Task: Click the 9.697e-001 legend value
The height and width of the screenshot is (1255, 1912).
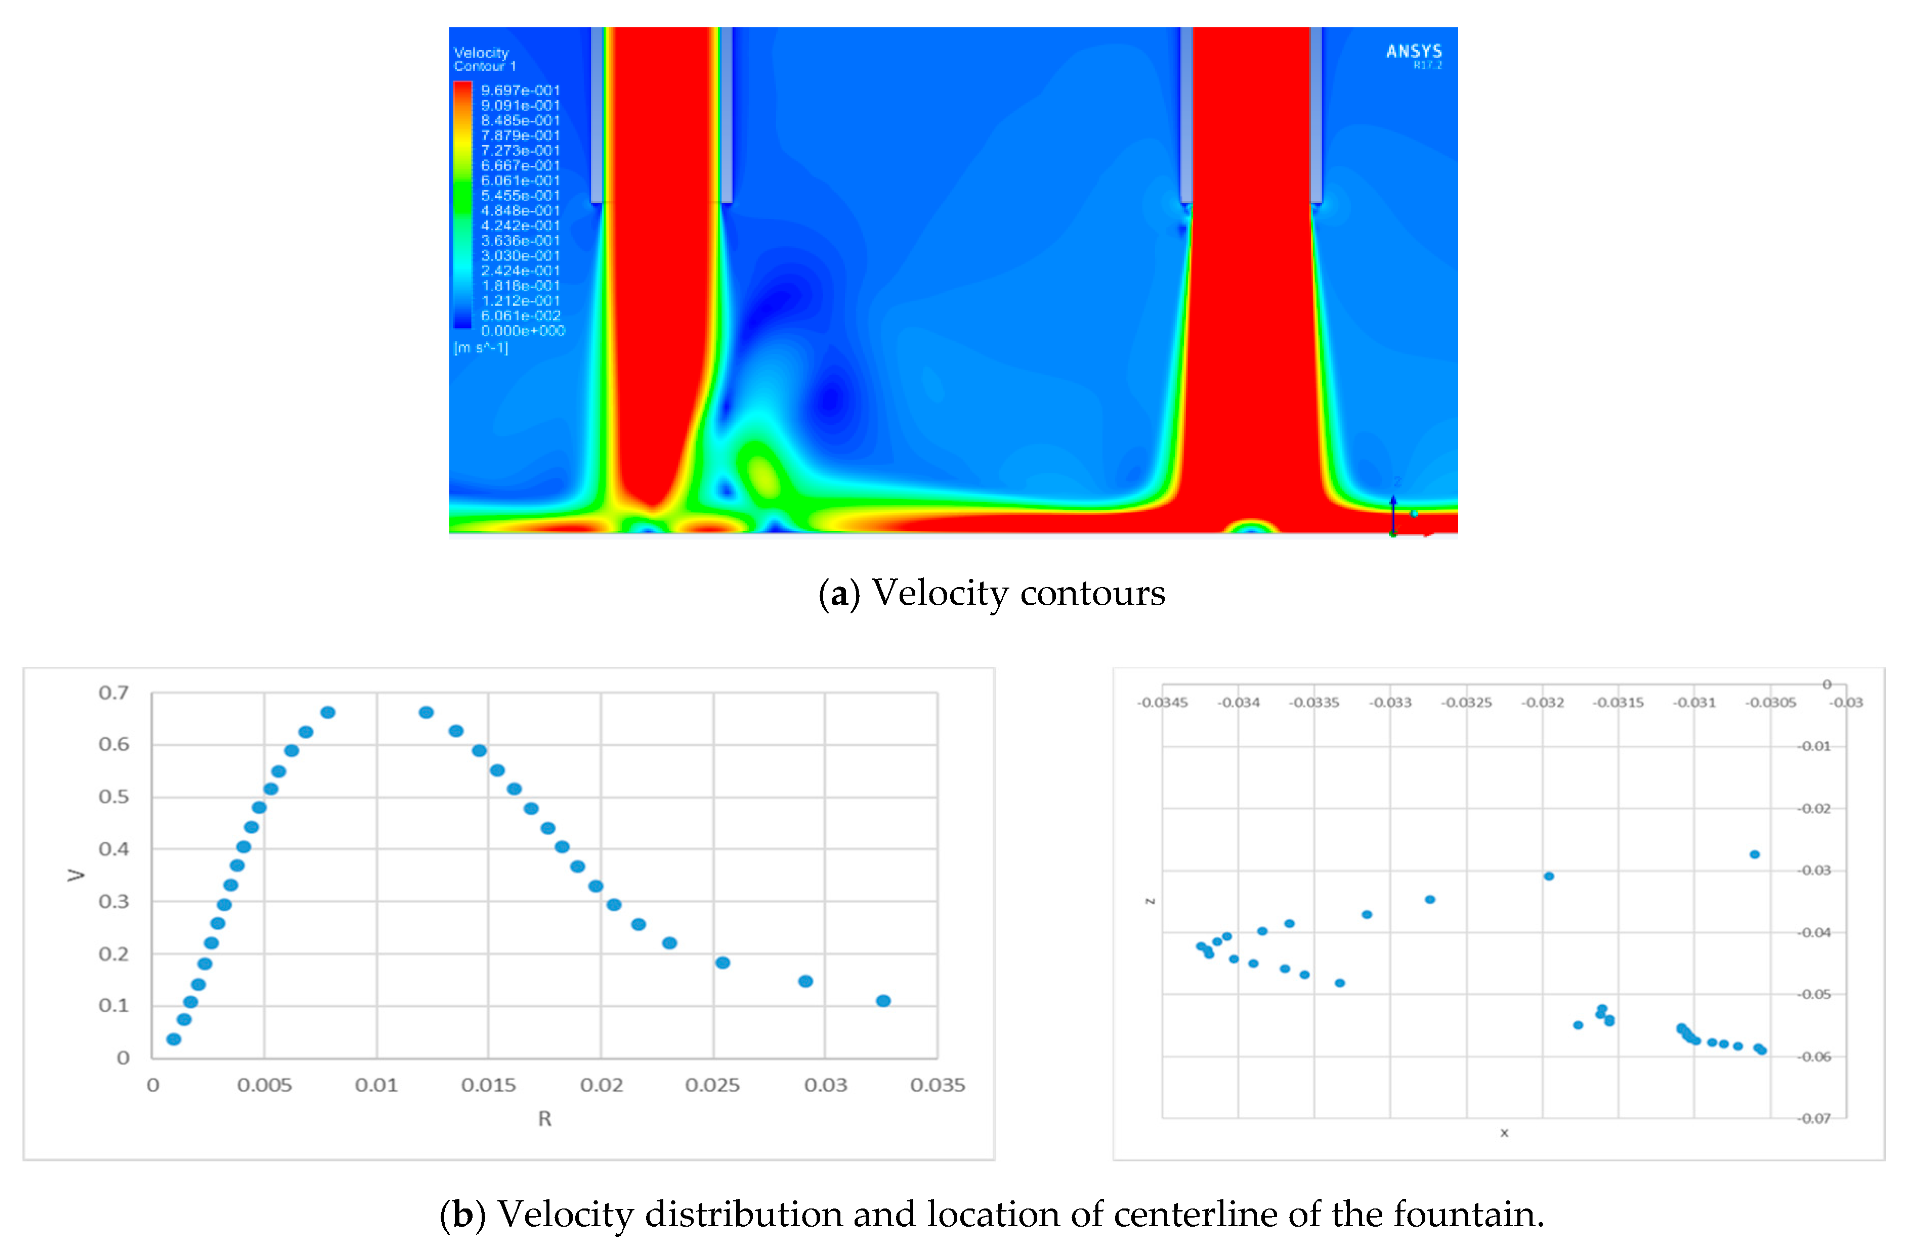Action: (520, 91)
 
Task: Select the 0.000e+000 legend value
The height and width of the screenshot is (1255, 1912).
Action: (522, 331)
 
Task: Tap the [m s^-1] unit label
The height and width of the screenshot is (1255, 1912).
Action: (481, 348)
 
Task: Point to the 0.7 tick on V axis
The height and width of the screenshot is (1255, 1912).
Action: (113, 693)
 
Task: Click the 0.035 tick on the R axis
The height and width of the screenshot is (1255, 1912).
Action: (937, 1086)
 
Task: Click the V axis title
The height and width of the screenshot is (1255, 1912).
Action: (75, 874)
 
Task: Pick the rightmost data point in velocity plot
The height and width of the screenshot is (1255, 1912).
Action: (883, 1001)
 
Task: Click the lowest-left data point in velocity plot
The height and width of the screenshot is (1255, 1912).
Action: (174, 1039)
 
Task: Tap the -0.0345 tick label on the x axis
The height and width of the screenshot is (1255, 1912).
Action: (1162, 702)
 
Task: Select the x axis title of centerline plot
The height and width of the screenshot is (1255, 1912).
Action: (1504, 1133)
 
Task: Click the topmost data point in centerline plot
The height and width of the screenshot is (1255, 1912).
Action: (1755, 855)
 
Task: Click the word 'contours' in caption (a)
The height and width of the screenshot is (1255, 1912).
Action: (1092, 594)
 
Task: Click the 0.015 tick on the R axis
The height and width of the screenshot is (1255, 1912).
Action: (488, 1086)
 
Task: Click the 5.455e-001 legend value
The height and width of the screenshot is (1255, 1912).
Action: (520, 196)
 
